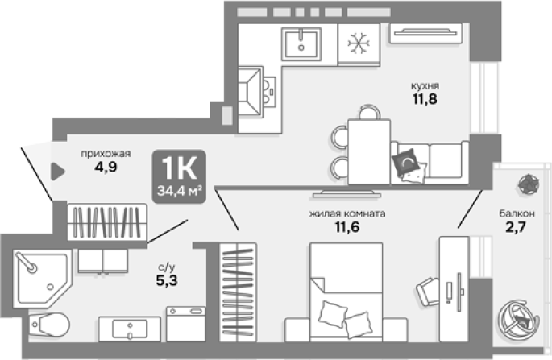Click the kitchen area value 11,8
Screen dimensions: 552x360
point(425,99)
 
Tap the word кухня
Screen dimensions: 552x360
point(425,86)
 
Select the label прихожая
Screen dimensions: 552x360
point(106,154)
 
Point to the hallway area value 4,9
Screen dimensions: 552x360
point(106,167)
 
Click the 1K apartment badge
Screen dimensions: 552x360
point(179,176)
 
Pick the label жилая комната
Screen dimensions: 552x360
point(347,213)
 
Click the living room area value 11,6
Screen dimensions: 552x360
point(347,227)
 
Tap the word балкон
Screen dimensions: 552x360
point(517,213)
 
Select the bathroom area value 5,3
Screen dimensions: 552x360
point(167,280)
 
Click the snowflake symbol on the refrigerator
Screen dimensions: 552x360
point(359,43)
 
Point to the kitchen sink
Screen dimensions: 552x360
point(301,44)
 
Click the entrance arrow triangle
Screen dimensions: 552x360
point(58,172)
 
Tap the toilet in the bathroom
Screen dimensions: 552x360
point(49,325)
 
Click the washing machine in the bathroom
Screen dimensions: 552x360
point(186,324)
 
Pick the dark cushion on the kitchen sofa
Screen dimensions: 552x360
point(405,162)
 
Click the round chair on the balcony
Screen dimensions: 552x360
point(519,320)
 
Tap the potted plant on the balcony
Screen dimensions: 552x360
point(529,184)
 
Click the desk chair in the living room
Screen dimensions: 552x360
point(429,292)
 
